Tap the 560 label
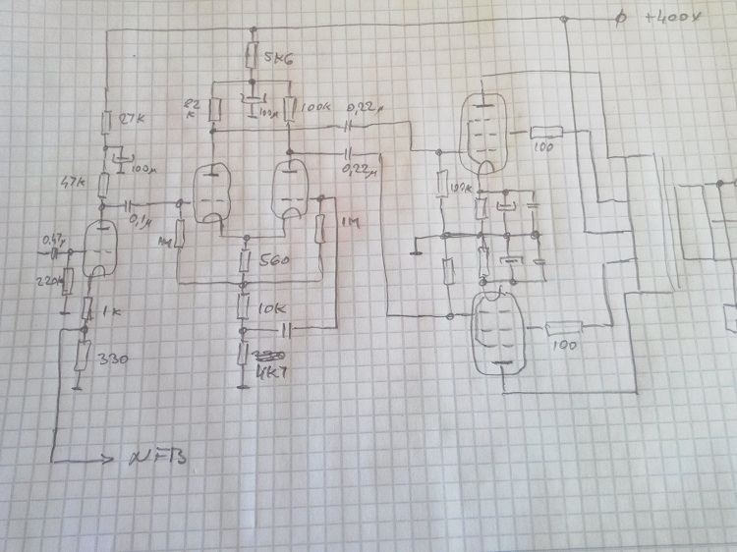(276, 261)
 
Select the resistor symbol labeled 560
(246, 261)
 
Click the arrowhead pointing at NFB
(106, 459)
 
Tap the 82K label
(192, 107)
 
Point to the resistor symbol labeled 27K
(105, 121)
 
